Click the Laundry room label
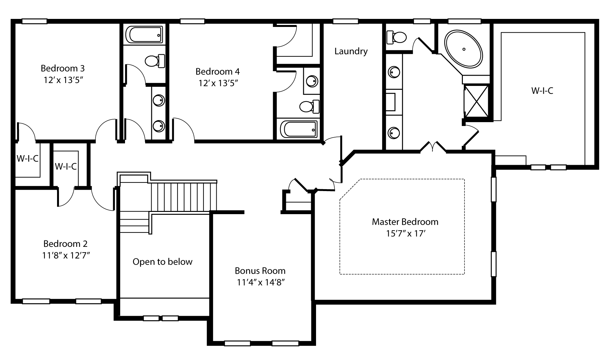tap(351, 51)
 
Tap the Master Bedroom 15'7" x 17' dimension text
tap(405, 234)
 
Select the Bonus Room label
tap(260, 271)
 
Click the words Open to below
tap(163, 262)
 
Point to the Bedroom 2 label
tap(65, 244)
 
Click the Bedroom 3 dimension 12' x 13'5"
tap(63, 80)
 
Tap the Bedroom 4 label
tap(217, 71)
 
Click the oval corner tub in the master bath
tap(463, 49)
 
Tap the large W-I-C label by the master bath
tap(542, 91)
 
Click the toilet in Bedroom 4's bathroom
tap(310, 106)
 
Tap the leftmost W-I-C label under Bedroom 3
tap(27, 158)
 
